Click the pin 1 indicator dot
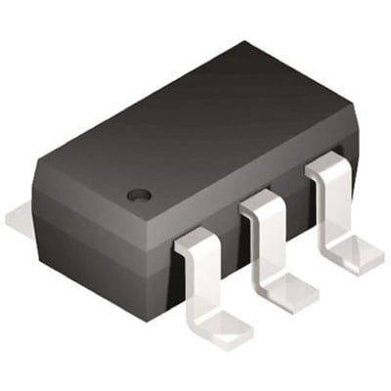[140, 195]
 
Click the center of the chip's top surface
[195, 137]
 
